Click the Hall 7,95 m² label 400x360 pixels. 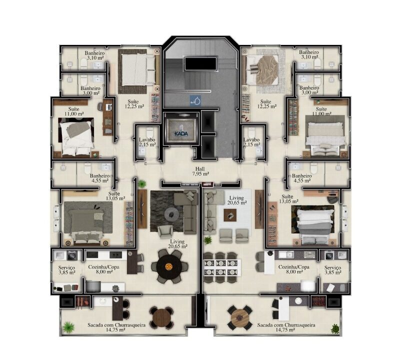click(200, 171)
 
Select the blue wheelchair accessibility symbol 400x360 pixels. click(195, 100)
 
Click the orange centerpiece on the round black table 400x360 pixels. click(168, 267)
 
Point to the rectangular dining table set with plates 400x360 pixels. click(222, 267)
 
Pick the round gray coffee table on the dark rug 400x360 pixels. click(170, 214)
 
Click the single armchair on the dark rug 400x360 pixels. click(165, 231)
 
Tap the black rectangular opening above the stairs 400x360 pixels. click(200, 63)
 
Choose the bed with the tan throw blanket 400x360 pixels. click(261, 70)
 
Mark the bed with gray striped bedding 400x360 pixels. click(316, 224)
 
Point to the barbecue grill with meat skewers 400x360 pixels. click(82, 302)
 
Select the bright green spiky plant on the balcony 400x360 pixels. click(68, 327)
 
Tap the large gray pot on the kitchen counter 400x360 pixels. click(92, 286)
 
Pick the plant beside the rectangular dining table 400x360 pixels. click(207, 240)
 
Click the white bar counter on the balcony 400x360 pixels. click(283, 308)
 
